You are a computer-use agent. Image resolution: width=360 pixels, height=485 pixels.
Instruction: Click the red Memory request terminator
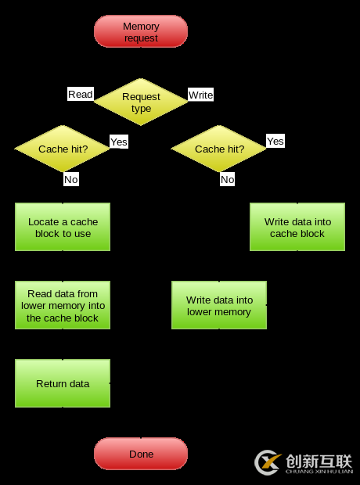pos(141,32)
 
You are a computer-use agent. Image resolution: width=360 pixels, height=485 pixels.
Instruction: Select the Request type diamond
pos(141,102)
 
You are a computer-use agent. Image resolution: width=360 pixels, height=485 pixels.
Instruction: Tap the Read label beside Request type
pos(81,95)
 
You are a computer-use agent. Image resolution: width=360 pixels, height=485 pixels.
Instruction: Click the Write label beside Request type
pos(200,95)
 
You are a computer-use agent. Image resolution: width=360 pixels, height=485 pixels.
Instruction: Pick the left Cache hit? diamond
pos(63,149)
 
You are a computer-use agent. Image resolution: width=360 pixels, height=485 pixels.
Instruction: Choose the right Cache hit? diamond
pos(219,149)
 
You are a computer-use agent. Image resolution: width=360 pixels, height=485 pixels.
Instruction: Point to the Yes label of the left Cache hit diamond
pos(119,142)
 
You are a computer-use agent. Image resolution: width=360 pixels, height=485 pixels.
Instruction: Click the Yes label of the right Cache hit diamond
pos(275,141)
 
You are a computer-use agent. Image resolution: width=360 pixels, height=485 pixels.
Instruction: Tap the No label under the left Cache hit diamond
pos(71,179)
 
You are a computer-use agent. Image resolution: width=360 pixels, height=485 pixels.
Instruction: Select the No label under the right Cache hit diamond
pos(228,179)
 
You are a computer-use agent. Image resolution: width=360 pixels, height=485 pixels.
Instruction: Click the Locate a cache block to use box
pos(63,227)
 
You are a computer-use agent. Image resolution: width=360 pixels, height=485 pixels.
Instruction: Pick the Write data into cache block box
pos(297,227)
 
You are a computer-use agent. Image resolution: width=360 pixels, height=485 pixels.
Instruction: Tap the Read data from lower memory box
pos(63,305)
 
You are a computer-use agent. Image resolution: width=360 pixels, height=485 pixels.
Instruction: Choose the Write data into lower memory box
pos(219,305)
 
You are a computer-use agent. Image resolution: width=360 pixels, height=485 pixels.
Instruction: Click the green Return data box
pos(63,383)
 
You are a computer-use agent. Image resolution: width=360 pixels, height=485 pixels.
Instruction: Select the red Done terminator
pos(141,454)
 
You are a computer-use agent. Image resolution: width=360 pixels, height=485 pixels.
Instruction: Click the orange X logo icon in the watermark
pos(268,462)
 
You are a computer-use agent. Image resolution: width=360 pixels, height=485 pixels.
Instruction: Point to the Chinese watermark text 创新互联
pos(319,461)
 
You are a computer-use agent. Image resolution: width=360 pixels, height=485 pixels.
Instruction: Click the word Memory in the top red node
pos(141,27)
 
